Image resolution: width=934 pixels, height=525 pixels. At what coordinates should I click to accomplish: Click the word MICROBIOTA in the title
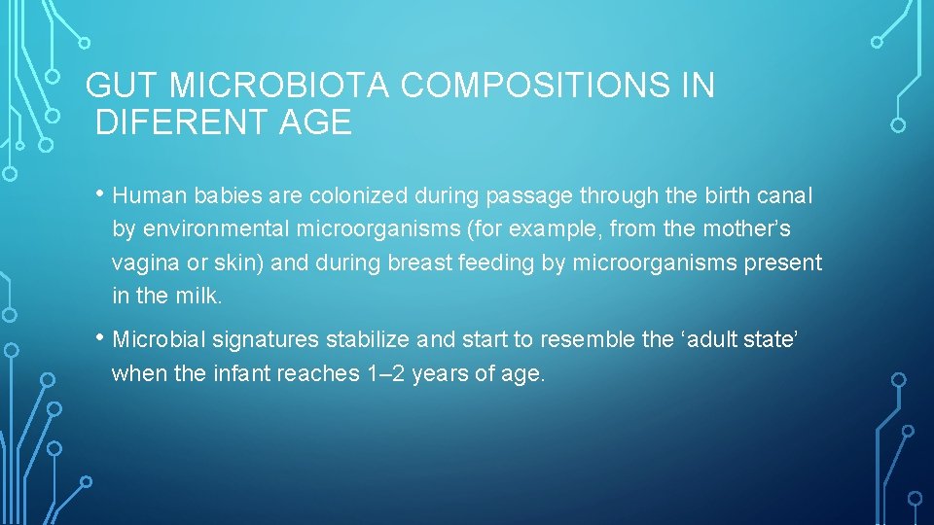click(x=280, y=87)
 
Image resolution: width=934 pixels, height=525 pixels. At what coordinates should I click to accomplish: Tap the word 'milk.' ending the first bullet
click(x=200, y=297)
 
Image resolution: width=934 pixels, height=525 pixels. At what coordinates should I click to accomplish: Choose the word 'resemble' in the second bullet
click(x=591, y=340)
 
